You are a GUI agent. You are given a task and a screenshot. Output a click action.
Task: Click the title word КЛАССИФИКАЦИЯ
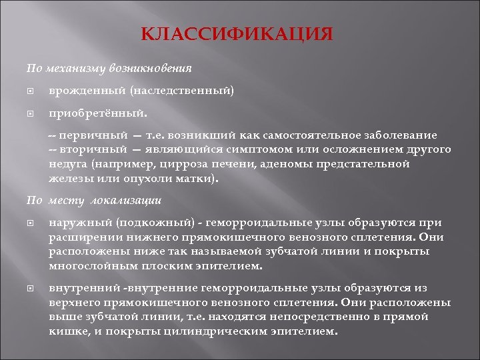tap(237, 34)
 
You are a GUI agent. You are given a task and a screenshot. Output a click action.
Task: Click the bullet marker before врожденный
tap(29, 90)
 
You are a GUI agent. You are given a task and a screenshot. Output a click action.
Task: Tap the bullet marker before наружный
tap(29, 223)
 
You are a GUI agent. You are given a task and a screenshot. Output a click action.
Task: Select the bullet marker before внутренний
tap(29, 288)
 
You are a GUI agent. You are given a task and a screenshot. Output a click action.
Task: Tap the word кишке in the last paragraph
tap(63, 331)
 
